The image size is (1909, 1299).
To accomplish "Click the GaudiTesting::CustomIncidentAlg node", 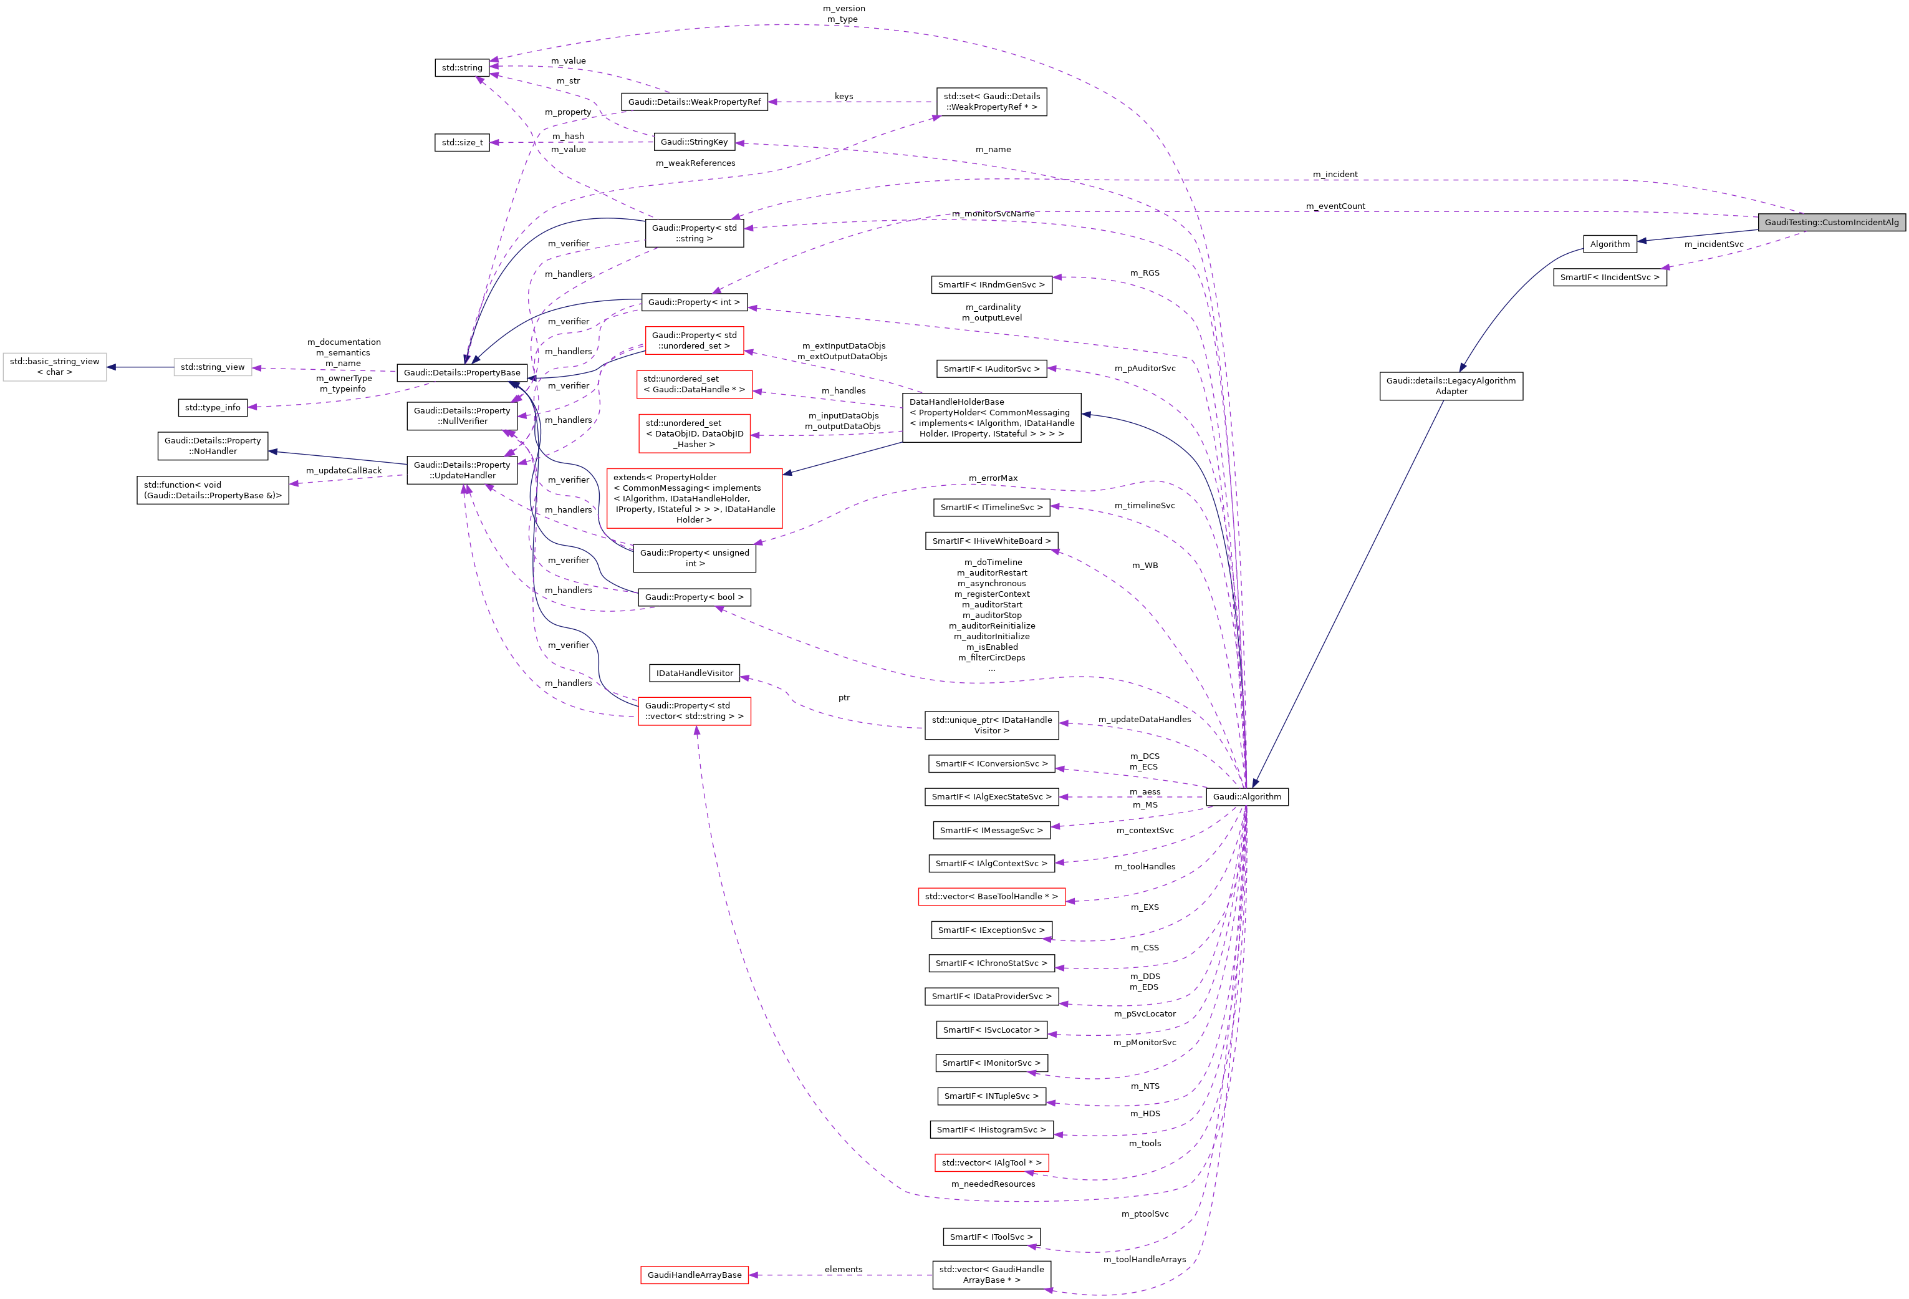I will pyautogui.click(x=1831, y=222).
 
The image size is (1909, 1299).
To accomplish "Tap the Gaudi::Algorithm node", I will pyautogui.click(x=1246, y=796).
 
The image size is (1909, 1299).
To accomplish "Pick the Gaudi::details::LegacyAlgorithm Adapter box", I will pyautogui.click(x=1451, y=386).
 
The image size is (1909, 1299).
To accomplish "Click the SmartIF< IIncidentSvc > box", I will pyautogui.click(x=1609, y=278).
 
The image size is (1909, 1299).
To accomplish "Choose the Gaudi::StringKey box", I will pyautogui.click(x=693, y=142).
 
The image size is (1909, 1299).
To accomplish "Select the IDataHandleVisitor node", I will pyautogui.click(x=694, y=673).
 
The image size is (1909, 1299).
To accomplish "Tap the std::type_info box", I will pyautogui.click(x=213, y=407).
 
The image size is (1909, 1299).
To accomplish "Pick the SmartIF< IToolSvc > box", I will pyautogui.click(x=991, y=1237).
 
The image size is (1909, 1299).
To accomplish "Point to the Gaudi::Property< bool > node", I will pyautogui.click(x=694, y=597).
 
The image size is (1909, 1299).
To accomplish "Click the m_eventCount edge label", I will pyautogui.click(x=1335, y=206).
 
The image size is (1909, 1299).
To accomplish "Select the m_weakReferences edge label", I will pyautogui.click(x=695, y=163).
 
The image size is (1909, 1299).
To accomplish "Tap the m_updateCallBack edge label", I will pyautogui.click(x=344, y=471).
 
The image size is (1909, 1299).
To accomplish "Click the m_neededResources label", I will pyautogui.click(x=993, y=1184).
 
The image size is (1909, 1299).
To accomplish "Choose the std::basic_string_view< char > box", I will pyautogui.click(x=54, y=367).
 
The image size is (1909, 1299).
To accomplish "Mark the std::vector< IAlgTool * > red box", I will pyautogui.click(x=991, y=1162).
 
